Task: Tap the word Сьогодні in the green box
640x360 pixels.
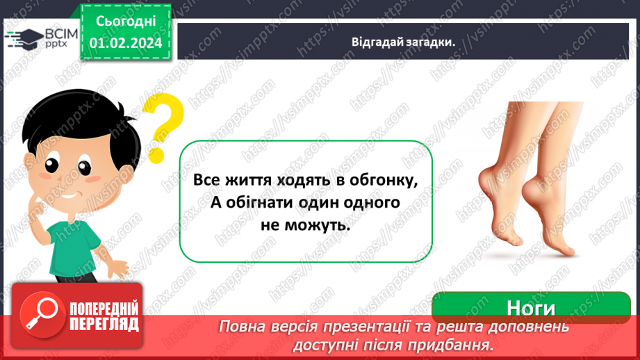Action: pos(125,22)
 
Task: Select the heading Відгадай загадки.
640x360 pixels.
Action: pos(403,42)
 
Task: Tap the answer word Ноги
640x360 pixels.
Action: pos(530,307)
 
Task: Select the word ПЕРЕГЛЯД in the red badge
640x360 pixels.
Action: pos(104,324)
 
